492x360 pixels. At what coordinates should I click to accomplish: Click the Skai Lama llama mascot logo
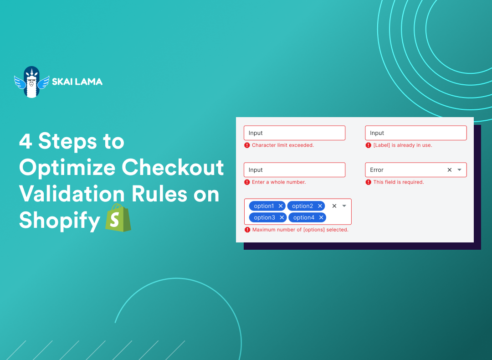click(x=31, y=82)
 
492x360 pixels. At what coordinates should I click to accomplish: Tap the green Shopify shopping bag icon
click(x=118, y=219)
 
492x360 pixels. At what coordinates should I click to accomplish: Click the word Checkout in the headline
click(x=173, y=168)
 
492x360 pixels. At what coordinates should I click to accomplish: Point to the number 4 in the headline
click(x=26, y=141)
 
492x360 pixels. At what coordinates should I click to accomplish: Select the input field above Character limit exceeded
click(x=294, y=133)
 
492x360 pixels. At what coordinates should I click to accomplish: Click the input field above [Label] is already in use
click(x=415, y=133)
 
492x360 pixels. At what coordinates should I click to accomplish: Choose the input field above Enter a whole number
click(x=294, y=170)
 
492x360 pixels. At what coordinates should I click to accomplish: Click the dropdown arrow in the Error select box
click(x=459, y=170)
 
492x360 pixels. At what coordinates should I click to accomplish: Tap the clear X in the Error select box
click(x=449, y=170)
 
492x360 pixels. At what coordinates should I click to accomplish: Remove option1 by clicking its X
click(x=281, y=206)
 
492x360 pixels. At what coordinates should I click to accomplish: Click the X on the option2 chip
click(x=320, y=206)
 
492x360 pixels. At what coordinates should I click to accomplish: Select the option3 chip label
click(x=264, y=217)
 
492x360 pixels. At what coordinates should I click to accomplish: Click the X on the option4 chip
click(x=321, y=217)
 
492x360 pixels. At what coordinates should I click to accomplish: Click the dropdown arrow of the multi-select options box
click(x=344, y=206)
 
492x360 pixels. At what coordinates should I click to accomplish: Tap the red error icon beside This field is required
click(x=369, y=182)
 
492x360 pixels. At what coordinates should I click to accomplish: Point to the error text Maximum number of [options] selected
click(x=300, y=230)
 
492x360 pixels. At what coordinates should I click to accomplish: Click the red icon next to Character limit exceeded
click(x=247, y=145)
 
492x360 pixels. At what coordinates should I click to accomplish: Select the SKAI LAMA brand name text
click(x=77, y=82)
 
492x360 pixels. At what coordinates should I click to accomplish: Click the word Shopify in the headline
click(x=59, y=221)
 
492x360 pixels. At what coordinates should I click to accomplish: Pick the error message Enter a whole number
click(x=279, y=182)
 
